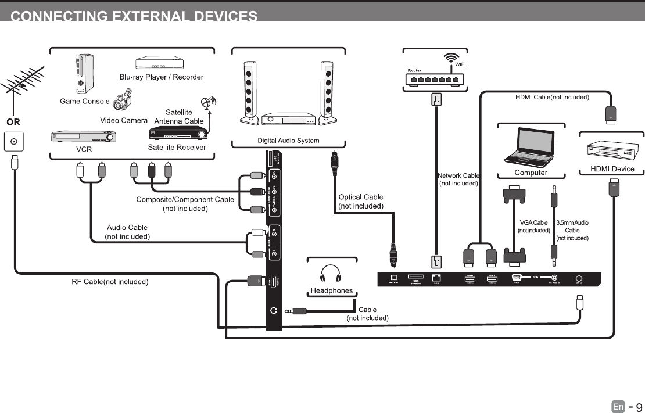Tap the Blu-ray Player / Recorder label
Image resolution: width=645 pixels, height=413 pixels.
pos(162,77)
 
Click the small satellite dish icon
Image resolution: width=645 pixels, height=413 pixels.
pos(207,104)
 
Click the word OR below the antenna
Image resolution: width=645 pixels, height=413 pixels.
pos(13,123)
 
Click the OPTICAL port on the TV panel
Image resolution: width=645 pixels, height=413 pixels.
pos(393,278)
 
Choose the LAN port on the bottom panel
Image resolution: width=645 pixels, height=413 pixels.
pos(436,278)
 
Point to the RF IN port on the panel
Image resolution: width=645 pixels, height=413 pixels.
pos(579,278)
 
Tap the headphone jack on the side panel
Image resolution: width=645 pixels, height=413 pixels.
pos(274,311)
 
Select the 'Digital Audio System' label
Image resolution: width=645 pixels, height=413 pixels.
pos(288,141)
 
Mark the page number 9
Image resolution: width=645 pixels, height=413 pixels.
pos(638,407)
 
